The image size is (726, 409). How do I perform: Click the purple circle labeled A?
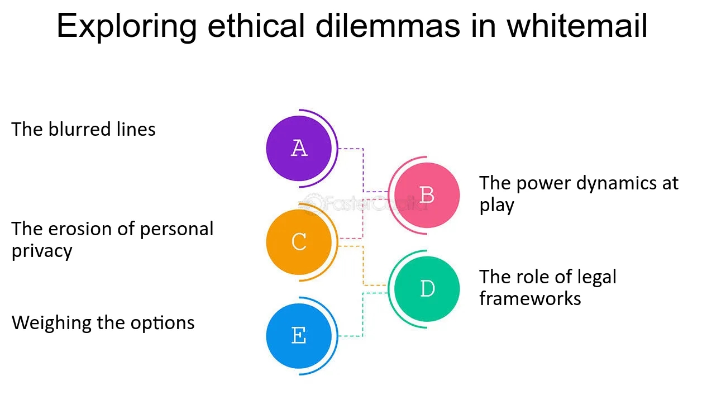299,148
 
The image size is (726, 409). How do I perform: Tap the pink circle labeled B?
427,195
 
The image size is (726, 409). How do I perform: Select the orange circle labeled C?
299,242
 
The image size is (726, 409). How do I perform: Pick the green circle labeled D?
427,289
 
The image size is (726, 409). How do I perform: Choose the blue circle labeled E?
299,336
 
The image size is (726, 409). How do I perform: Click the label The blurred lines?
84,130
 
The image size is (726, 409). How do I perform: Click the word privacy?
42,251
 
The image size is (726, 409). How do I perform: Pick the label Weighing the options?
103,322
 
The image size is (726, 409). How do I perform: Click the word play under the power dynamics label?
496,205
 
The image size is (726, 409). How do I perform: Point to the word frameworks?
530,298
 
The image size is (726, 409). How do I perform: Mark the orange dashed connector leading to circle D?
364,265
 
